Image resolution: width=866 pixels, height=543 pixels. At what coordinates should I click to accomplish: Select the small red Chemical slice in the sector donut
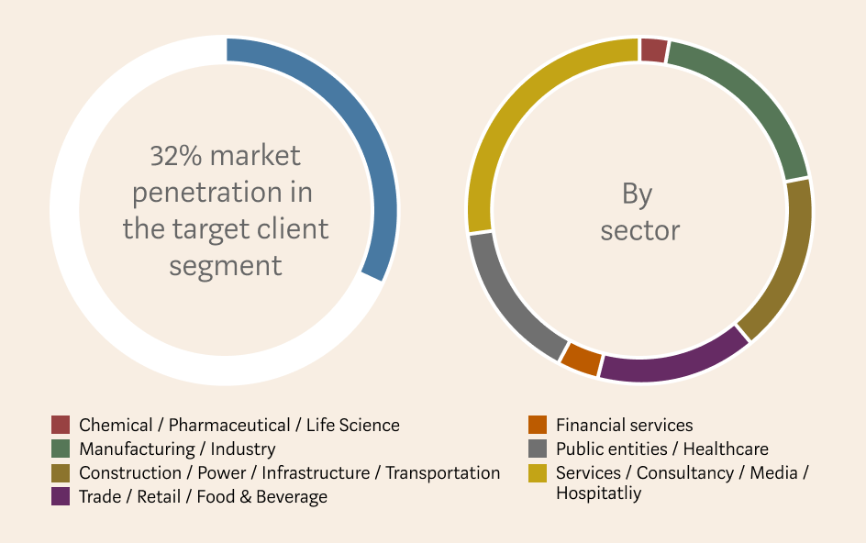(x=654, y=50)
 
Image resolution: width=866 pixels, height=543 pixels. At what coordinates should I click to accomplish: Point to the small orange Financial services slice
(x=581, y=360)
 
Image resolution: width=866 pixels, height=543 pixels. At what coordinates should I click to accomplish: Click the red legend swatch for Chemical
(x=61, y=425)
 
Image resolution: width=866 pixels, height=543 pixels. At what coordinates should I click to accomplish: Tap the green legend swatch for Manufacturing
(x=61, y=449)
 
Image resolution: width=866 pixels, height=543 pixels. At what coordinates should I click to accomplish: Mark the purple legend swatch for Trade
(x=61, y=496)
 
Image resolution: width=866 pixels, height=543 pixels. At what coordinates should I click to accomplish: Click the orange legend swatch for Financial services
(x=538, y=425)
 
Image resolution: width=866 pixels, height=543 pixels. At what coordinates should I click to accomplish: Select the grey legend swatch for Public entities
(x=538, y=449)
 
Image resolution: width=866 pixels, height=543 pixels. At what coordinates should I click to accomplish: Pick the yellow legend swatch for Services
(x=538, y=473)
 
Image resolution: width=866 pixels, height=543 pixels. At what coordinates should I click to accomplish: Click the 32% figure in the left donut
(x=176, y=156)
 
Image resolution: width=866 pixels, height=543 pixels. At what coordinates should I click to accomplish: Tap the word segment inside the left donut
(x=226, y=266)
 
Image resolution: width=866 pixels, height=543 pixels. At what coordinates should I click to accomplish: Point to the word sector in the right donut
(x=640, y=231)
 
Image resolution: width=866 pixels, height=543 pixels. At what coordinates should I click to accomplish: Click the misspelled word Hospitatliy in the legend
(x=599, y=493)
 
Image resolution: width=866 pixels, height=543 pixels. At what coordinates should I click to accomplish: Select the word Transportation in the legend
(x=443, y=473)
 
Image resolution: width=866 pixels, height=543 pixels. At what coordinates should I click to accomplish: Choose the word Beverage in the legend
(x=292, y=497)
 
